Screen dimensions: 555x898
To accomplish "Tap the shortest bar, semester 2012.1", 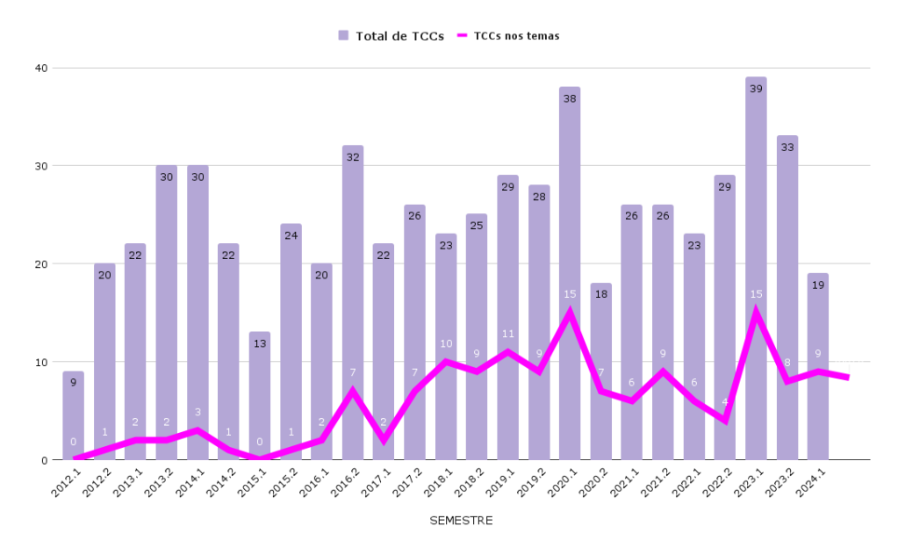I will pos(74,413).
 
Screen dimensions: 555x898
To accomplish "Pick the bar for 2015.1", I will pos(260,395).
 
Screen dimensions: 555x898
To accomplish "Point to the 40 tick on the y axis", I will pos(40,68).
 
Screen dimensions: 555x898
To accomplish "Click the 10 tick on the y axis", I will pos(40,362).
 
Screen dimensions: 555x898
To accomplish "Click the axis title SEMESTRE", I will pos(461,521).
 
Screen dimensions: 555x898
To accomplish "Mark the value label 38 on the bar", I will pos(570,98).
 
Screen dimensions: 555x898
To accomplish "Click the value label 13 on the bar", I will pos(260,343).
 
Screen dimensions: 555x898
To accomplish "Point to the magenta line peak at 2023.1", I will pos(755,313).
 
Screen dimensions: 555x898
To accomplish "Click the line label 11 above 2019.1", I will pos(507,334).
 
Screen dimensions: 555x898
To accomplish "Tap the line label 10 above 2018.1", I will pos(446,343).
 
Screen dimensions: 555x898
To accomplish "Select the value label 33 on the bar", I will pos(787,148).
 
